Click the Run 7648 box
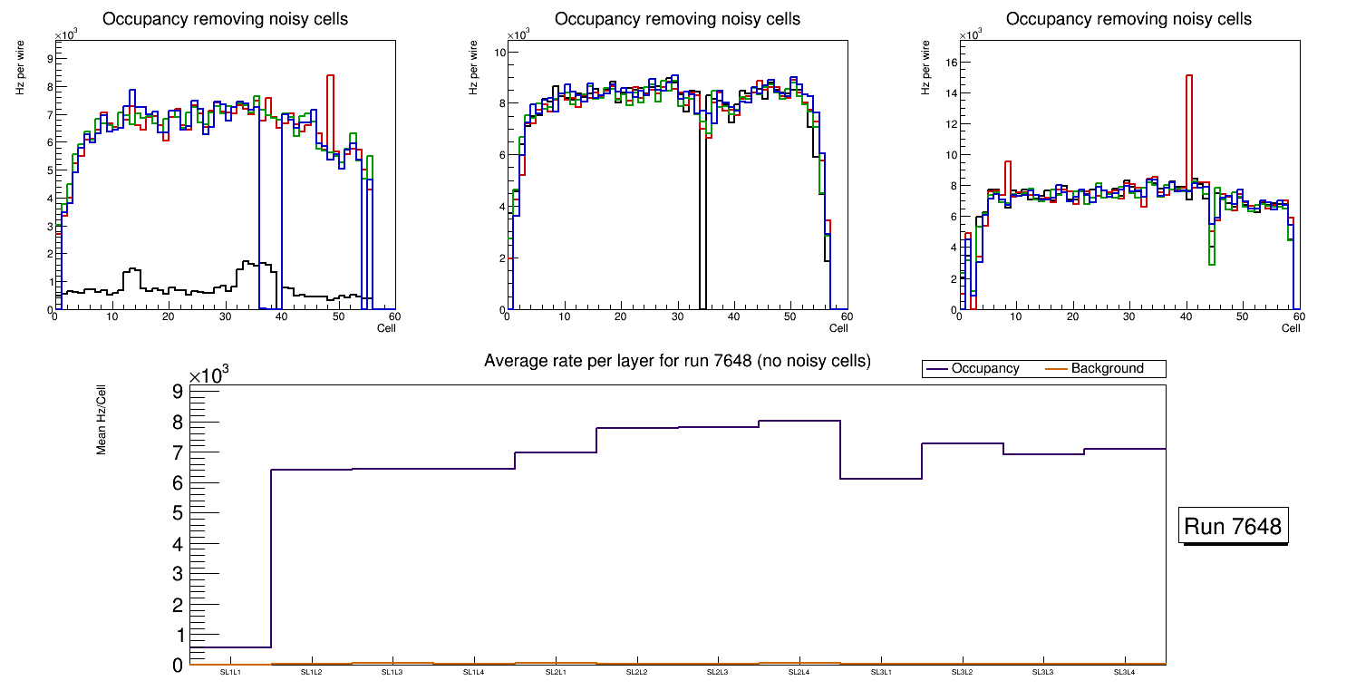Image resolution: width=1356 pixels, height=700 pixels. click(x=1234, y=527)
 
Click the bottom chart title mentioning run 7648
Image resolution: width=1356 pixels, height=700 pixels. click(x=677, y=361)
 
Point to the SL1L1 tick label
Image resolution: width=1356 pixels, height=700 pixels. click(x=231, y=672)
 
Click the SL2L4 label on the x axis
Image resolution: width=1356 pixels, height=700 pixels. click(x=799, y=672)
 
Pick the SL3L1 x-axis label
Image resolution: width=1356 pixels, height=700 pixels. click(x=881, y=672)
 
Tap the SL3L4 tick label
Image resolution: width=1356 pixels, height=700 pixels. click(x=1124, y=672)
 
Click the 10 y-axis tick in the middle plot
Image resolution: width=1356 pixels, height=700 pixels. click(x=499, y=53)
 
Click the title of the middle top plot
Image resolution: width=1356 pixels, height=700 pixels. click(x=677, y=19)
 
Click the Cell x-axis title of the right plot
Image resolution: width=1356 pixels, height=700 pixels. click(x=1291, y=328)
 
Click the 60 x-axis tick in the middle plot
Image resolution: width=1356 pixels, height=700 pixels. click(x=845, y=316)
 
